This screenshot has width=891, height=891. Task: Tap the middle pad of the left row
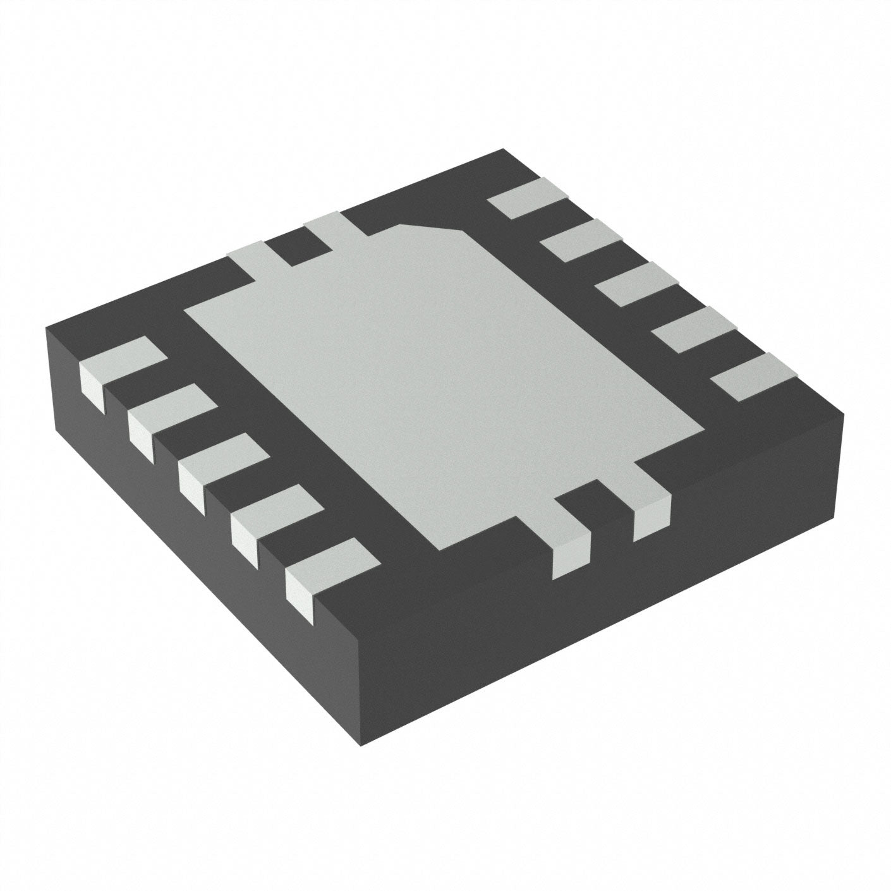click(x=221, y=458)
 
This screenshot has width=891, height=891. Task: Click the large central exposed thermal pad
click(x=442, y=379)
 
